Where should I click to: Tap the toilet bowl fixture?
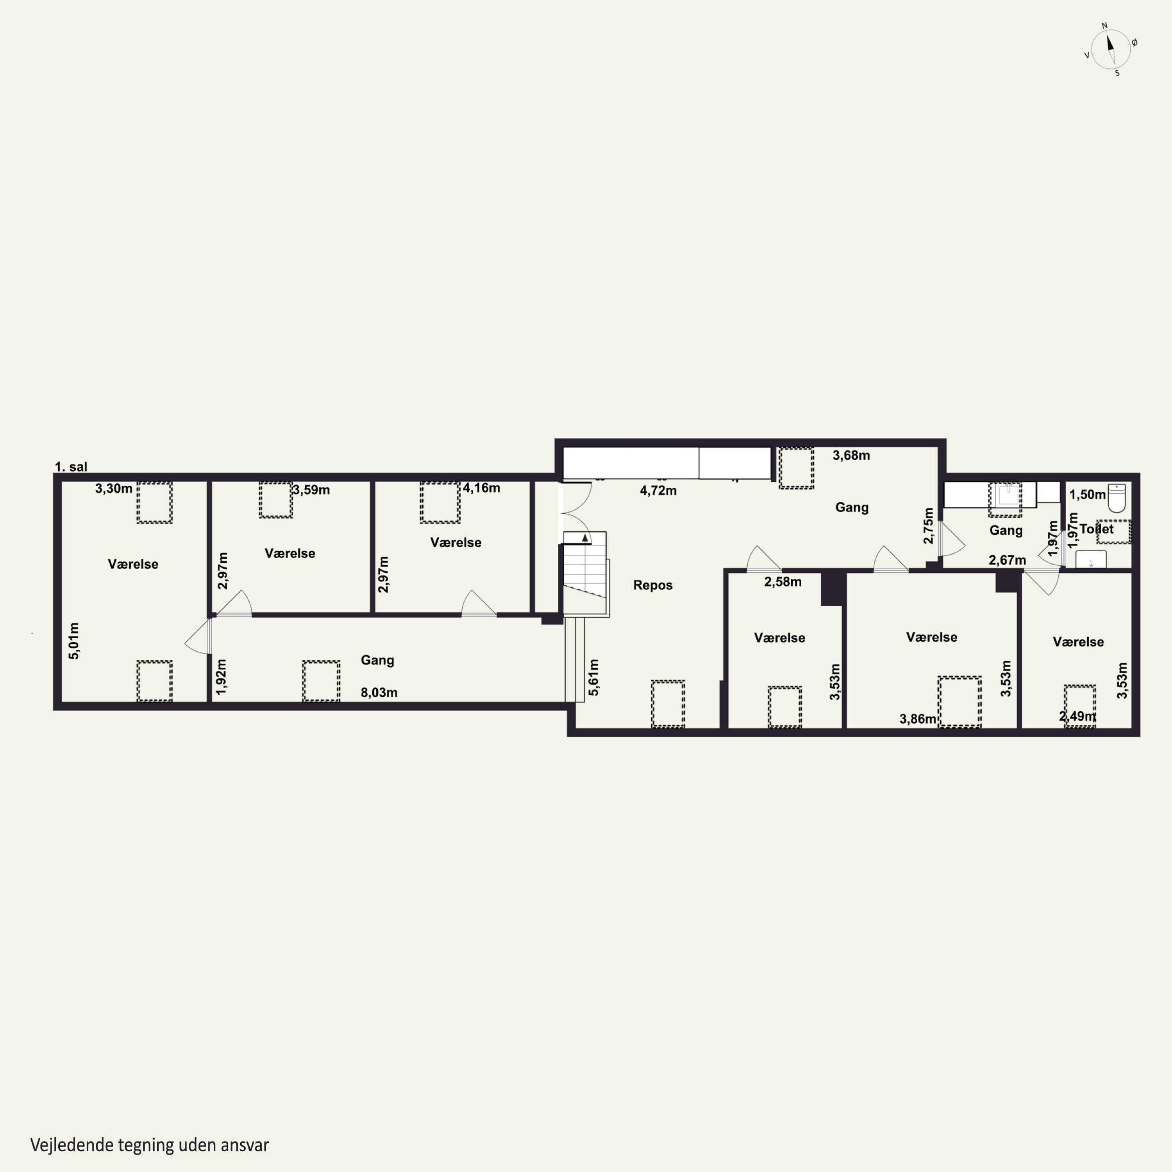1117,497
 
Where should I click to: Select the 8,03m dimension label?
379,693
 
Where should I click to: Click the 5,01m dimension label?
73,641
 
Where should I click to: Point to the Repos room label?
653,585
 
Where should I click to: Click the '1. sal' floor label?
71,466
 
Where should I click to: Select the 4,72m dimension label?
658,491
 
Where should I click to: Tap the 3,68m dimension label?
851,456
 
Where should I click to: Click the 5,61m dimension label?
593,677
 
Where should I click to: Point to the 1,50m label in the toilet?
1087,495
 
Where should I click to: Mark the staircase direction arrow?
585,538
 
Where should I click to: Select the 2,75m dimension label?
928,525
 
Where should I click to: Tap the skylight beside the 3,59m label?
276,500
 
